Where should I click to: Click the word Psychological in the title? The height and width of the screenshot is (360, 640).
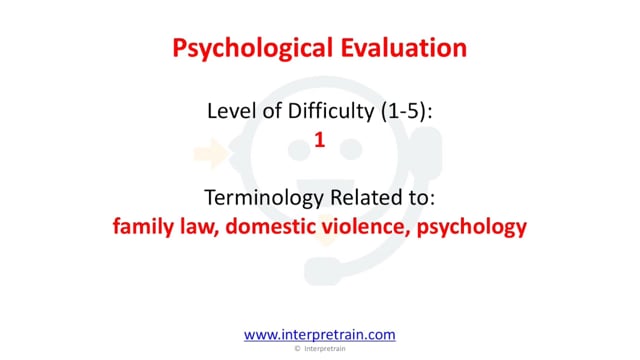(x=253, y=48)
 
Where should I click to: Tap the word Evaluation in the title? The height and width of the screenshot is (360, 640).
(x=404, y=47)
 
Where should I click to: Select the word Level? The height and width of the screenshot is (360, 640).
(x=231, y=111)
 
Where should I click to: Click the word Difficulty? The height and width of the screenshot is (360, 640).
(x=331, y=111)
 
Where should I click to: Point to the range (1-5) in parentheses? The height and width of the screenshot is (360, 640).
(x=407, y=111)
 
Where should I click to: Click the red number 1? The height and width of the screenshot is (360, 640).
(x=320, y=140)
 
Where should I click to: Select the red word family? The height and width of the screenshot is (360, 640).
(x=143, y=227)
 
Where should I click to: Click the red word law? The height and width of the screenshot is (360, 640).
(x=199, y=227)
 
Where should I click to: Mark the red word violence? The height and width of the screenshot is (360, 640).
(x=366, y=227)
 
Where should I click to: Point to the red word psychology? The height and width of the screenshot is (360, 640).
(x=472, y=227)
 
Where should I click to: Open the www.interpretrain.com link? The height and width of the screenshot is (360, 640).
(x=320, y=335)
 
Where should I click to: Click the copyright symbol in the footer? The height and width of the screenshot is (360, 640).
(x=298, y=349)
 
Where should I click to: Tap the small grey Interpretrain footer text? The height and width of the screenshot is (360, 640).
(x=325, y=349)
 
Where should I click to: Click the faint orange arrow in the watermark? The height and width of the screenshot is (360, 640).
(x=211, y=153)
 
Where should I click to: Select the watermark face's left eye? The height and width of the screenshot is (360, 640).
(x=299, y=150)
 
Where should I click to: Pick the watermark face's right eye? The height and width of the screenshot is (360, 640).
(x=351, y=150)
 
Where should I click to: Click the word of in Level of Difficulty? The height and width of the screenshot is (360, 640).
(x=272, y=111)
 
